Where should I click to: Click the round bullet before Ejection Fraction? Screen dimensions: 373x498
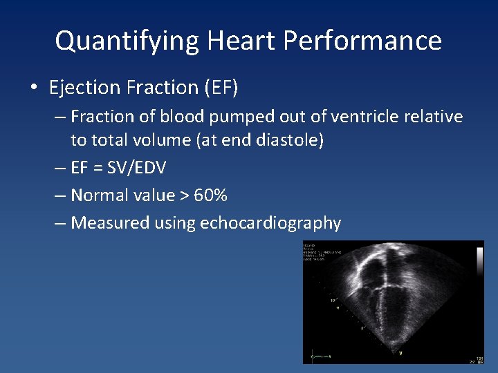pyautogui.click(x=33, y=88)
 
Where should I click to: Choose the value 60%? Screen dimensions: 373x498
pyautogui.click(x=210, y=195)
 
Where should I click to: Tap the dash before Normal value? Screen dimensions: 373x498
pyautogui.click(x=60, y=195)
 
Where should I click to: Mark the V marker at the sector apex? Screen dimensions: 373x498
pyautogui.click(x=399, y=353)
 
